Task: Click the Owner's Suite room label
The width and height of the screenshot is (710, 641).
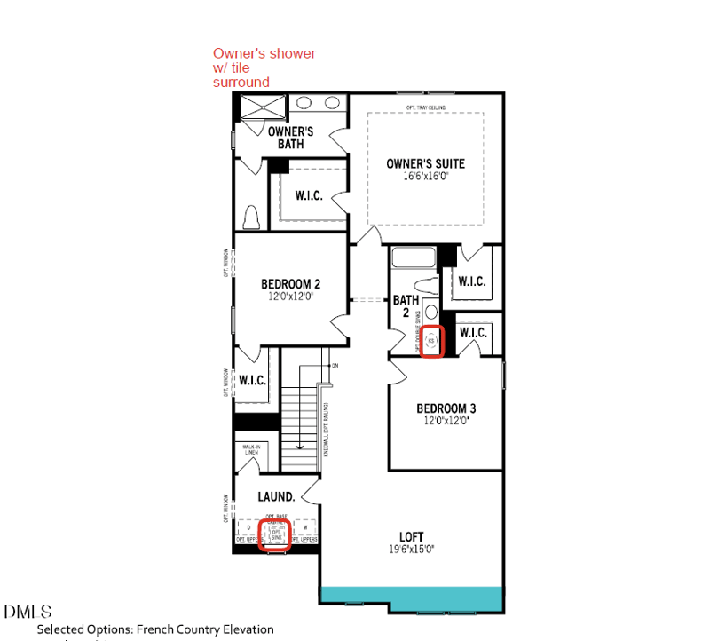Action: (425, 163)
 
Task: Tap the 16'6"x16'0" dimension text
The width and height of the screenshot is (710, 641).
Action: (425, 176)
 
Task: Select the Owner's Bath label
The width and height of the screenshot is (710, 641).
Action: (290, 138)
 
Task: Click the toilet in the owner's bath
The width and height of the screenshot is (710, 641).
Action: (250, 217)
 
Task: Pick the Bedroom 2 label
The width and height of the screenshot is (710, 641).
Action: (290, 284)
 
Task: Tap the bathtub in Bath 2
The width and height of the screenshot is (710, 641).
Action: (413, 258)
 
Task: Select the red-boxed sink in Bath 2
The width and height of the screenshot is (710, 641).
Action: (431, 340)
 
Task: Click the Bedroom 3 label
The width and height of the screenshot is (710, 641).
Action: (446, 408)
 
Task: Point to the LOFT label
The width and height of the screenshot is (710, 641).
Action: (411, 536)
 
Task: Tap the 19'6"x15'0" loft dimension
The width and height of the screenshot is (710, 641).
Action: (411, 549)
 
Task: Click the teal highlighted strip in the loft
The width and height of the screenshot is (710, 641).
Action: (412, 598)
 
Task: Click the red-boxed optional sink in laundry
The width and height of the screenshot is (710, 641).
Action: (274, 534)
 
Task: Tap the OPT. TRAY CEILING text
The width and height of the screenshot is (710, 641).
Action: (425, 107)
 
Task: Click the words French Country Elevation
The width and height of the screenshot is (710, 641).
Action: (204, 629)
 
